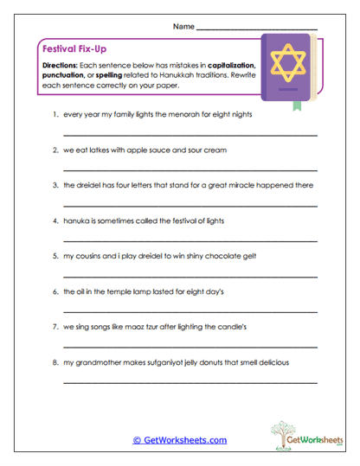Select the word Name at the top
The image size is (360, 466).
(x=184, y=27)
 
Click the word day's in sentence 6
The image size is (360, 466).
(x=213, y=291)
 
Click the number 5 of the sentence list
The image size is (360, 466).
(x=55, y=256)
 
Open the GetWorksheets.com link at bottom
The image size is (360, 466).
(x=180, y=439)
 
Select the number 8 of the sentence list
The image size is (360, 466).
(x=55, y=362)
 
